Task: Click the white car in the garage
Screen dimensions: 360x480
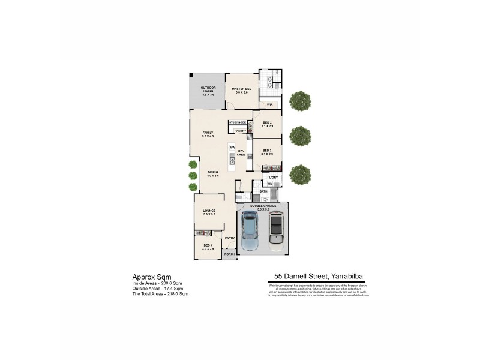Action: tap(275, 230)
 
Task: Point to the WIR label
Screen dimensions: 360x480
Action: tap(270, 105)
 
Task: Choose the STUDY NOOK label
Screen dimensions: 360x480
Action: tap(238, 122)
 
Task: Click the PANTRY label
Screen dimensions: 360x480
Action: tap(240, 130)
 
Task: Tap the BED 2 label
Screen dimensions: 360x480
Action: tap(267, 124)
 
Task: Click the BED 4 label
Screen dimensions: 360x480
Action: tap(208, 247)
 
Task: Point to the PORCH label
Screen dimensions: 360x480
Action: tap(229, 254)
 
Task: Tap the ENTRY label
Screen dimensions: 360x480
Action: tap(229, 238)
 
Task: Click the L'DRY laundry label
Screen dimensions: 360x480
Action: tap(274, 178)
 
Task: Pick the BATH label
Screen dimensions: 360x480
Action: tap(263, 191)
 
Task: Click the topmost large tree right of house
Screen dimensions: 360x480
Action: tap(300, 100)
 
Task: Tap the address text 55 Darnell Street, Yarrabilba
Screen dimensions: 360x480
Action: tap(318, 277)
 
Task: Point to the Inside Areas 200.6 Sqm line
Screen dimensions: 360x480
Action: tap(157, 283)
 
